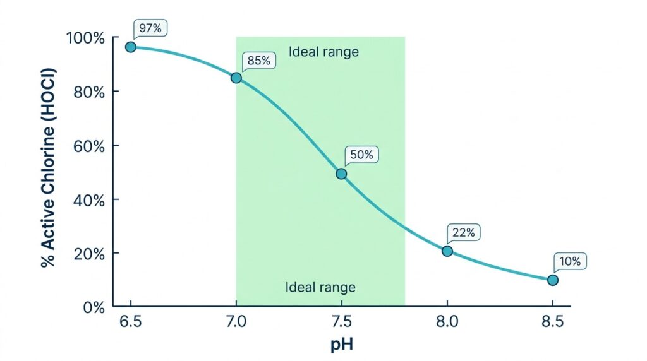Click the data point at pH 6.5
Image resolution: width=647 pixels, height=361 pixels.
pos(130,47)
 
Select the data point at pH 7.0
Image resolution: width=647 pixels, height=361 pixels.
pos(236,78)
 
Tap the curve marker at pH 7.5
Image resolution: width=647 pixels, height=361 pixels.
pos(341,174)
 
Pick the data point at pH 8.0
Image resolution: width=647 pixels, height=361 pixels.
pos(447,251)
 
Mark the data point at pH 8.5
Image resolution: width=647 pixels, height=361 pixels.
pos(552,280)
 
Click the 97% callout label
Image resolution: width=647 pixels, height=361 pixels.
pos(150,28)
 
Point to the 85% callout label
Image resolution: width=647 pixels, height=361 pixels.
pos(258,61)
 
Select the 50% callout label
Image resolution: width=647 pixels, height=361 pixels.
pos(361,155)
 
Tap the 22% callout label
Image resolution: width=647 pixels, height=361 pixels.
pos(463,232)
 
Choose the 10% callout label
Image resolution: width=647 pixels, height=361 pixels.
pos(570,261)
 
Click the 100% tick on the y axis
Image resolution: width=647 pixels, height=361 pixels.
pos(85,38)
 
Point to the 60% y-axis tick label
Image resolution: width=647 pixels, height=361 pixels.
pos(89,146)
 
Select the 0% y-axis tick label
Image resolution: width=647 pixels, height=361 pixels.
pos(94,307)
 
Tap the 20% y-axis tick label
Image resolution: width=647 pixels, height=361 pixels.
pos(89,254)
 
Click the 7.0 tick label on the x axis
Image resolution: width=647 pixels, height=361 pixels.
pos(236,321)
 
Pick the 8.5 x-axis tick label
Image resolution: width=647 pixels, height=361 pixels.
pos(552,321)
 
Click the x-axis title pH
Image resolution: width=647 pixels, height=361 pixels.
pos(342,344)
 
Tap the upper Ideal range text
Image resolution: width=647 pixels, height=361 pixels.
pos(323,52)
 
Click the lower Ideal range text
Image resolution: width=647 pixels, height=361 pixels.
pos(320,287)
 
